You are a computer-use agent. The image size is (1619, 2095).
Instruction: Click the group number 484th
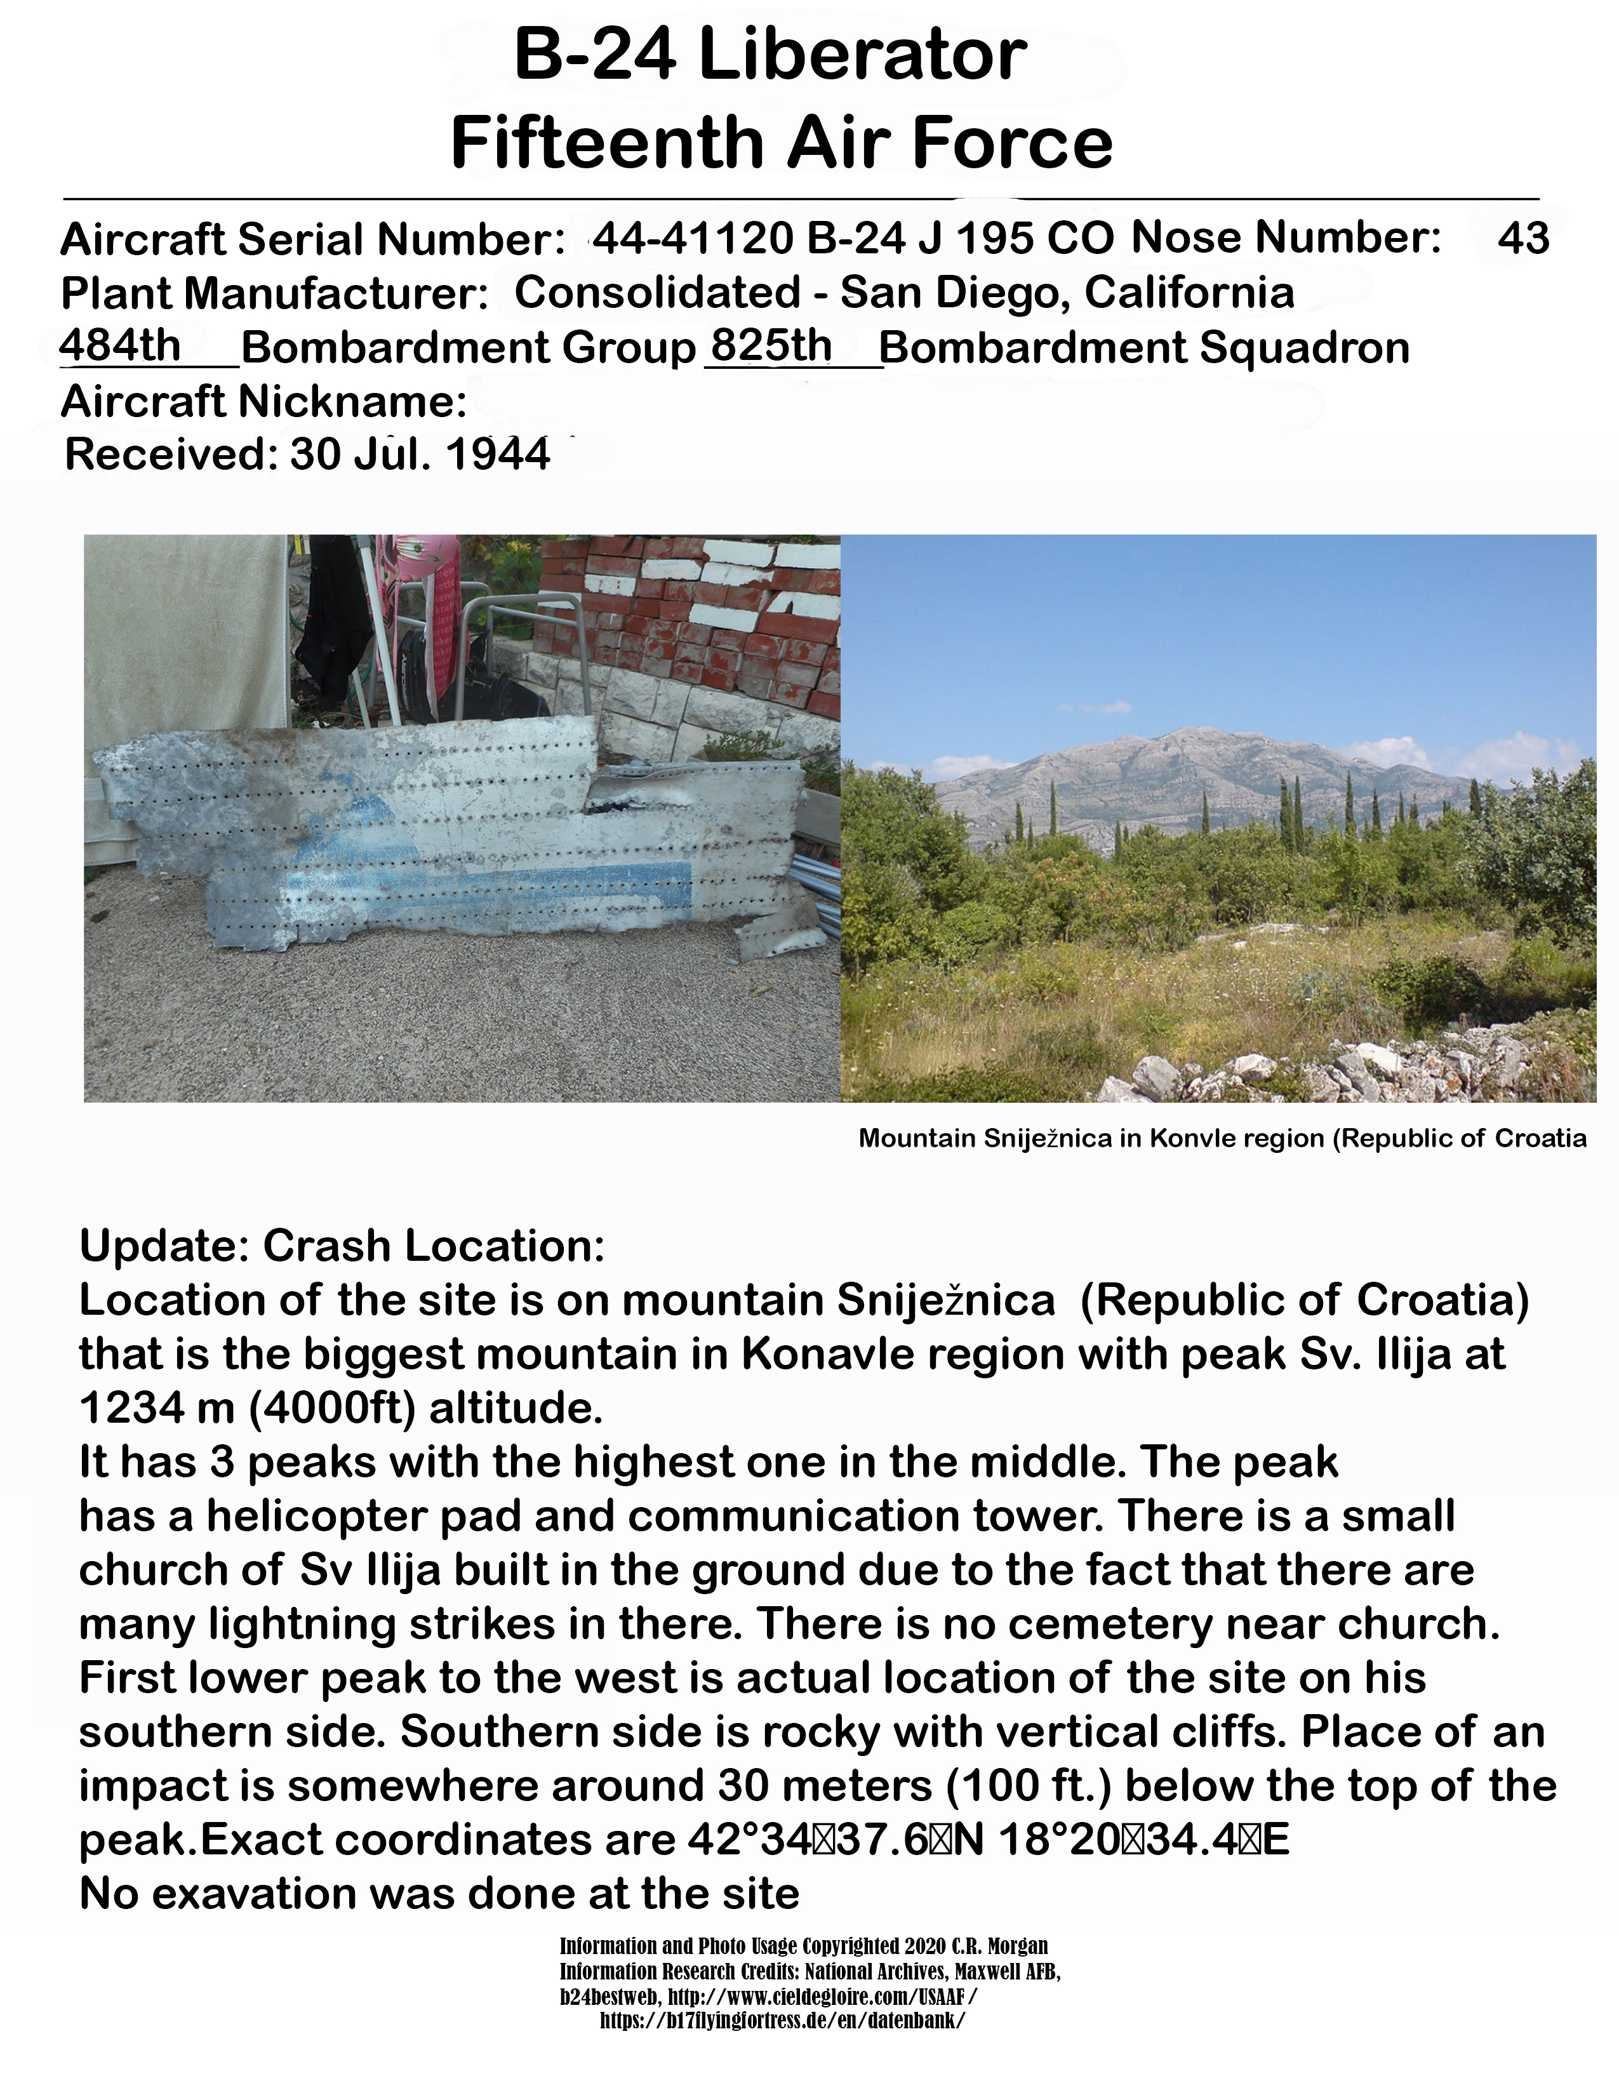tap(120, 345)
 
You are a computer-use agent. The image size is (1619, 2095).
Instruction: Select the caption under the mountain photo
tap(1222, 1139)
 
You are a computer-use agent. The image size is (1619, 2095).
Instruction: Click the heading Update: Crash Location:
tap(342, 1246)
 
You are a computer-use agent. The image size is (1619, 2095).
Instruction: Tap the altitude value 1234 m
tap(156, 1408)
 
